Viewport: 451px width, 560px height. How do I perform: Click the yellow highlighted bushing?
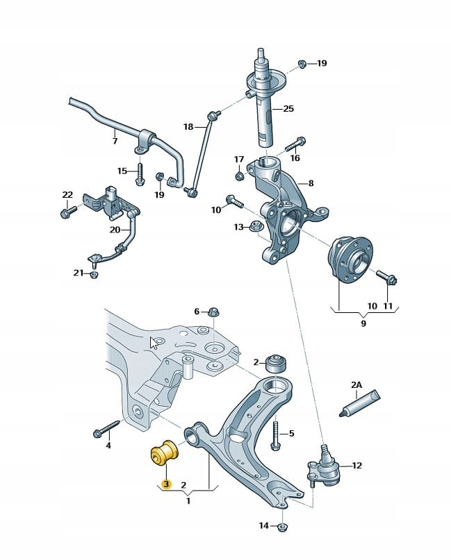coord(165,452)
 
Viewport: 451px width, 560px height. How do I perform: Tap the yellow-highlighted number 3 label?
coord(165,484)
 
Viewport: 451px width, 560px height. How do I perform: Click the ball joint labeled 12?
coord(324,468)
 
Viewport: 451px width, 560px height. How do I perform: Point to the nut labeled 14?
coord(283,527)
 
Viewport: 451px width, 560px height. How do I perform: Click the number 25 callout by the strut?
coord(288,109)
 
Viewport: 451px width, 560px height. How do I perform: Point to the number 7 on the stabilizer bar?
coord(115,142)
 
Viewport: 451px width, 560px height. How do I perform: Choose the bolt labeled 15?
coord(140,172)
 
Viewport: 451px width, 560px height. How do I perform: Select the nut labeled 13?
coord(255,226)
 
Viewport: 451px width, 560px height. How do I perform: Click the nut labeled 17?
coord(239,174)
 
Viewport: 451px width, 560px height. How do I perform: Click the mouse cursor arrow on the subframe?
coord(154,342)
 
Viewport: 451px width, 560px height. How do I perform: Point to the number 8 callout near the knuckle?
coord(311,184)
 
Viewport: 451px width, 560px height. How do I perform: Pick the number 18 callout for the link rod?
coord(188,127)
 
